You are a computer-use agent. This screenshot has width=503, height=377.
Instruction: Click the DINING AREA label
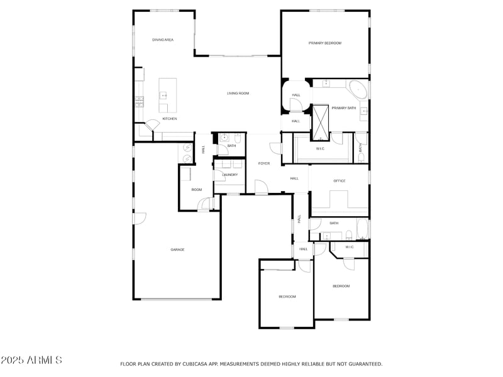163,40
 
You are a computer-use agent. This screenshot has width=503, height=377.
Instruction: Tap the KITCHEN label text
170,119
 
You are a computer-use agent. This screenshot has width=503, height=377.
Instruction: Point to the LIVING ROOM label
238,93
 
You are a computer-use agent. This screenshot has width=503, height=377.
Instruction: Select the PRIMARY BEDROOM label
324,43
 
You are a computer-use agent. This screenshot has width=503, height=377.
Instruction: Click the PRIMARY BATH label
344,108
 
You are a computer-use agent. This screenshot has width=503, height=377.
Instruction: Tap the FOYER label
264,163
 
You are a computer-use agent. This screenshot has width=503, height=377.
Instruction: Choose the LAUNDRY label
229,175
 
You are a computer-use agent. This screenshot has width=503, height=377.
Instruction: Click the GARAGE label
177,249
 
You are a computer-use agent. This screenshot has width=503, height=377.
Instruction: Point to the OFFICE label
340,181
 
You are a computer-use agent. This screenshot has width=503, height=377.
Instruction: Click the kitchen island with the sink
167,89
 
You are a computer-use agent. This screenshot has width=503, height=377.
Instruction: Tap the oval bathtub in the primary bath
358,89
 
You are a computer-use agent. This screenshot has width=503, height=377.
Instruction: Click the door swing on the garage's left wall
140,218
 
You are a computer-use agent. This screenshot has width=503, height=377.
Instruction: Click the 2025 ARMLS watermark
31,360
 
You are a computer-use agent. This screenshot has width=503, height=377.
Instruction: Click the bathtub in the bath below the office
363,229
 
